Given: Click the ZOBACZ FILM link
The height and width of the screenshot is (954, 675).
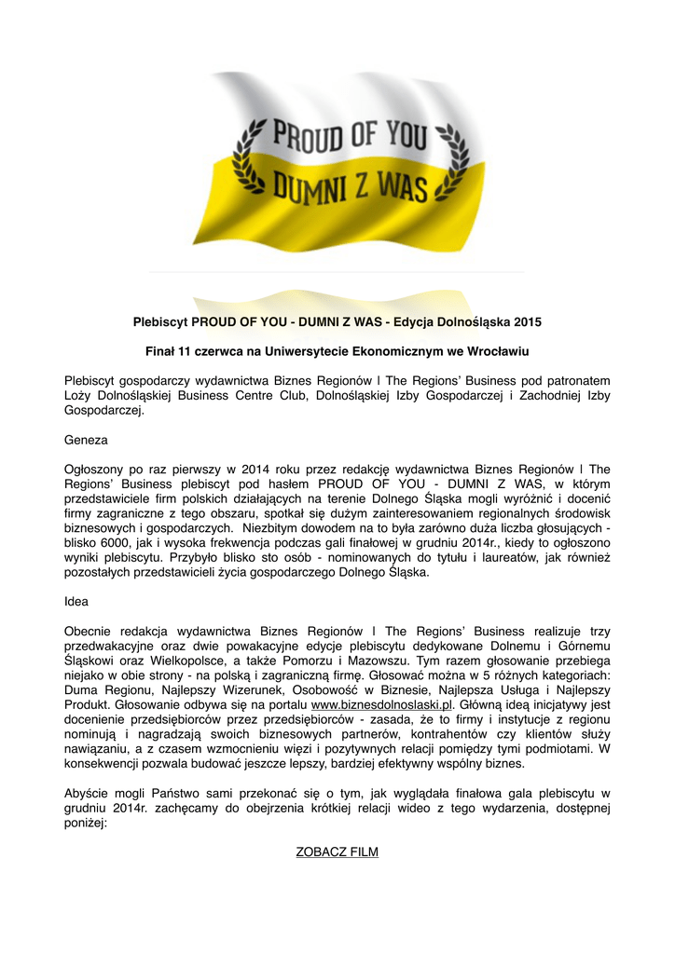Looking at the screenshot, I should pos(337,852).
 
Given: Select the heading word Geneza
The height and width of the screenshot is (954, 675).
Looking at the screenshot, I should pos(86,438).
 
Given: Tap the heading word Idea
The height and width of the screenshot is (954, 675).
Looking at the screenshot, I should pos(76,602).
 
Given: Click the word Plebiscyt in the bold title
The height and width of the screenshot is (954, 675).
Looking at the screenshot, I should pos(159,322).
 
